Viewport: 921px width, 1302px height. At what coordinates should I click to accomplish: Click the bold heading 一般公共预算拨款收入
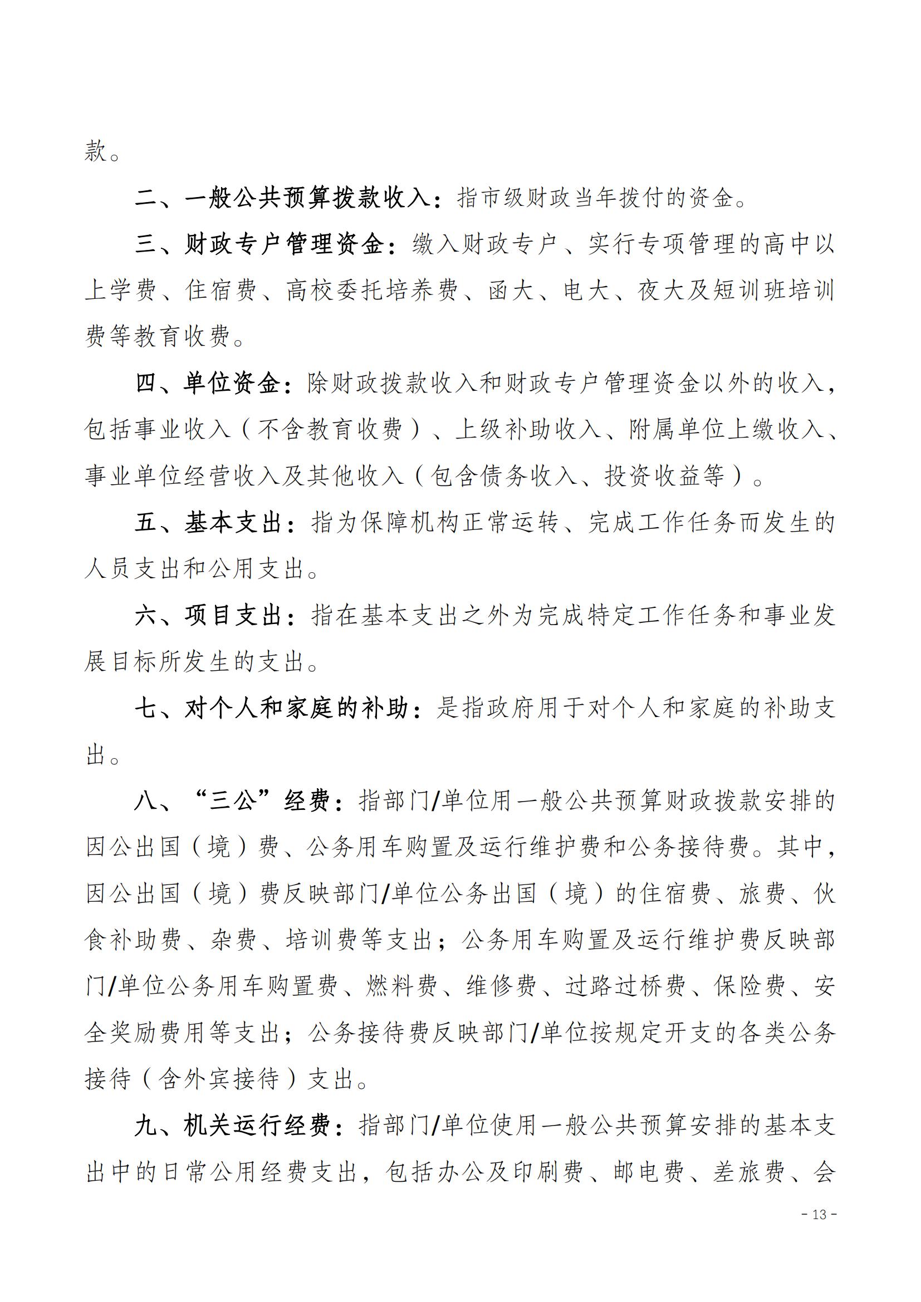coord(308,198)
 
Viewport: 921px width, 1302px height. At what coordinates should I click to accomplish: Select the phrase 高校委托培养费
coord(371,291)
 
